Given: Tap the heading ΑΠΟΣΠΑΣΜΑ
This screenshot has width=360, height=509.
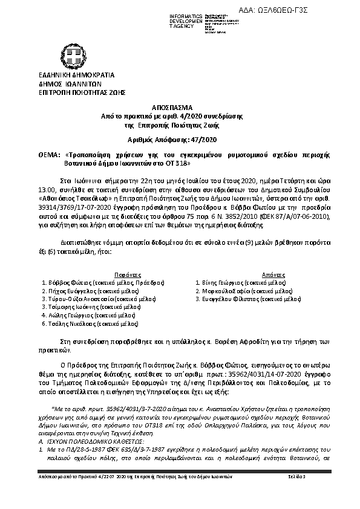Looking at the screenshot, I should coord(179,104).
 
